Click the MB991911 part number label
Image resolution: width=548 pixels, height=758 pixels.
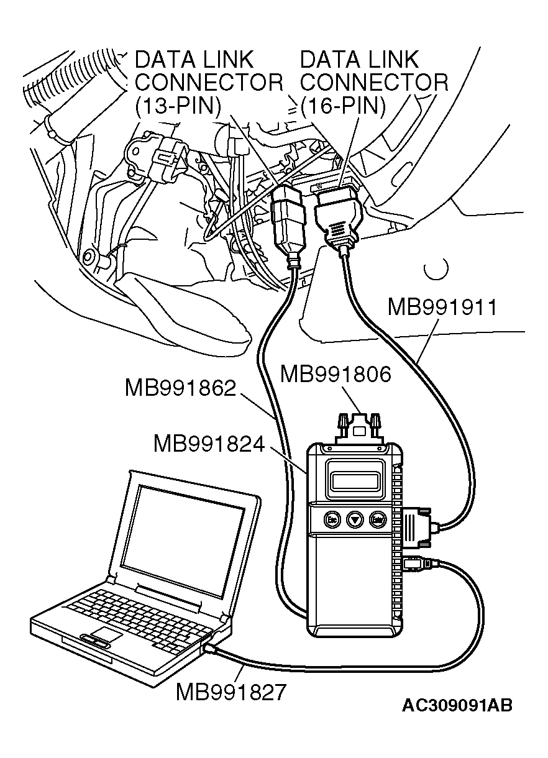[x=442, y=307]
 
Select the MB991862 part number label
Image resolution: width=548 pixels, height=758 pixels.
[x=180, y=389]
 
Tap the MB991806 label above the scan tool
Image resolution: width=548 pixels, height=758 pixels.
[x=336, y=375]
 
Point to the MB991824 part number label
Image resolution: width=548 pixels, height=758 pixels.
[x=209, y=444]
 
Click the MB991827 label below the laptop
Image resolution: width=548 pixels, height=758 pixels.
[x=232, y=692]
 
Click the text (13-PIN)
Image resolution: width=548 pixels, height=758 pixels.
[x=178, y=106]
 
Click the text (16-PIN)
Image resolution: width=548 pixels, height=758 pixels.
[x=343, y=106]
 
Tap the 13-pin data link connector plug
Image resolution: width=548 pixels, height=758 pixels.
[x=287, y=218]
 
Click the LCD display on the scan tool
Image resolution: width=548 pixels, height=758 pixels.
[x=355, y=480]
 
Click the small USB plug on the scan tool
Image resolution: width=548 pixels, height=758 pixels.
[x=414, y=564]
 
